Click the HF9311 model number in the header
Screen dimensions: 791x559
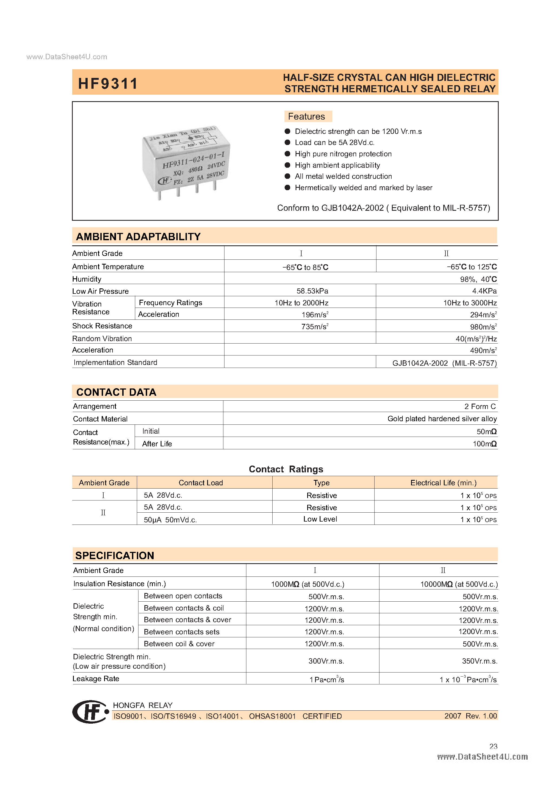(x=108, y=84)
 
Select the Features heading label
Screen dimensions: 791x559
(x=306, y=116)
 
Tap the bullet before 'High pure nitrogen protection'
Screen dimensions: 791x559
(x=287, y=154)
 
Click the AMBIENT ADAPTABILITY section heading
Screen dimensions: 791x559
(x=138, y=237)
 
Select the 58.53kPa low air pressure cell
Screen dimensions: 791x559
(x=312, y=291)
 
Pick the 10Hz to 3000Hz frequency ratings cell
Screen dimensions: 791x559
(x=469, y=303)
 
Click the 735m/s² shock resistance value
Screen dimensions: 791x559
(x=315, y=327)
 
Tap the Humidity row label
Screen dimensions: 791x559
(x=87, y=279)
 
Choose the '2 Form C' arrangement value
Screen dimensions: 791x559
(x=480, y=407)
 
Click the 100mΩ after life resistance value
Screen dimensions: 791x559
(x=484, y=444)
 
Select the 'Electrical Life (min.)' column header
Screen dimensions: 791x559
(x=443, y=483)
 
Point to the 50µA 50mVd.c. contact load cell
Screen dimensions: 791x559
(x=170, y=519)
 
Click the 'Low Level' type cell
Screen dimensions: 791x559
(x=320, y=519)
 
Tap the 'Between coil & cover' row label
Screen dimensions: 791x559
(x=179, y=644)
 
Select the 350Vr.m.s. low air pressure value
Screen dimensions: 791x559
(x=479, y=661)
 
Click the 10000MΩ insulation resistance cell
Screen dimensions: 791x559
(x=459, y=584)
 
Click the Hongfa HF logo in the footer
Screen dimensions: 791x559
(x=90, y=711)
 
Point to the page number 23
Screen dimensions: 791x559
(x=493, y=746)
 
